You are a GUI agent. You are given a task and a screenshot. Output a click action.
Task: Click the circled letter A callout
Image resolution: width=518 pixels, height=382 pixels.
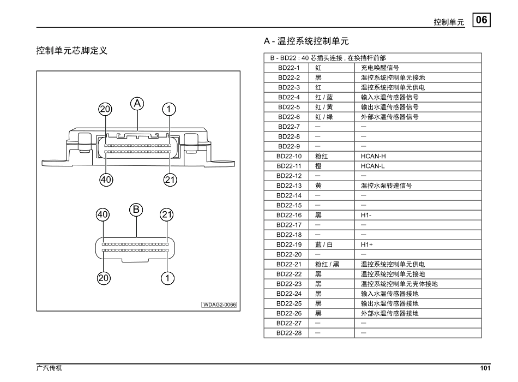click(x=137, y=103)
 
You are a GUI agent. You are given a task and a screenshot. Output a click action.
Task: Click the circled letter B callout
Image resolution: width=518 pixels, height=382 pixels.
click(x=136, y=209)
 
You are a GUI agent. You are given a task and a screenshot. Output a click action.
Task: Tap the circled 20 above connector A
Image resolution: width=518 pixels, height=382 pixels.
click(x=105, y=109)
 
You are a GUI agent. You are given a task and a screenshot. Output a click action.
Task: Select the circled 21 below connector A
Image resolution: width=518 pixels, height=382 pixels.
click(x=170, y=179)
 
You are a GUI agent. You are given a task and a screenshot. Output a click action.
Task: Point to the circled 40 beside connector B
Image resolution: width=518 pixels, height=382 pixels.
click(x=103, y=214)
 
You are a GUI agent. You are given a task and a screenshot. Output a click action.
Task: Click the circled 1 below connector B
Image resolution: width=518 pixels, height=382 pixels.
click(x=167, y=278)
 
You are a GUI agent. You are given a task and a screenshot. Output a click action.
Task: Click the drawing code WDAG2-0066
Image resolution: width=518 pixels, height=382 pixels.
click(x=219, y=305)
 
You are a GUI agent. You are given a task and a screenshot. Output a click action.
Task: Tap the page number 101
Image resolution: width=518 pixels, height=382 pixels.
click(x=485, y=368)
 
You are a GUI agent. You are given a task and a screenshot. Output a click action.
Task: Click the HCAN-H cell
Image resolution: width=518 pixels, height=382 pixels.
click(x=373, y=156)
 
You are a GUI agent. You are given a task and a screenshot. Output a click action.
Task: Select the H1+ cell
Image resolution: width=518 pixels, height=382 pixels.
click(x=366, y=244)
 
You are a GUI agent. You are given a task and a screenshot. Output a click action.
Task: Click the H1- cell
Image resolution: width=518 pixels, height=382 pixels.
click(x=366, y=215)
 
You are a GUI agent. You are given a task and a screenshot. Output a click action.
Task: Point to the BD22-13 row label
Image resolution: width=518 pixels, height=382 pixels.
click(x=289, y=186)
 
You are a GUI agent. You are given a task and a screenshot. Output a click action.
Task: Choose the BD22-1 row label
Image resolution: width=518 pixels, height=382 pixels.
click(x=289, y=68)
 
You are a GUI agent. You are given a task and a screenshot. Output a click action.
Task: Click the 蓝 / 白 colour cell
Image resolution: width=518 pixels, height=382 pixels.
click(x=324, y=244)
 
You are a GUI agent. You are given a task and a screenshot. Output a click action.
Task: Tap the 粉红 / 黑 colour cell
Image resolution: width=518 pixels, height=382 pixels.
click(x=327, y=264)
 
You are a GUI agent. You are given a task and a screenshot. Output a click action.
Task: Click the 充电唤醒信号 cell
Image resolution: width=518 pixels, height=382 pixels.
click(x=380, y=68)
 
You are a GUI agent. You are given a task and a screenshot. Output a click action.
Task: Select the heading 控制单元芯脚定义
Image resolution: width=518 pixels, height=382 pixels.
click(x=71, y=51)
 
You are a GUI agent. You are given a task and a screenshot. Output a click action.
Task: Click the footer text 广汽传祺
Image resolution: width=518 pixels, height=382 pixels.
click(x=49, y=368)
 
